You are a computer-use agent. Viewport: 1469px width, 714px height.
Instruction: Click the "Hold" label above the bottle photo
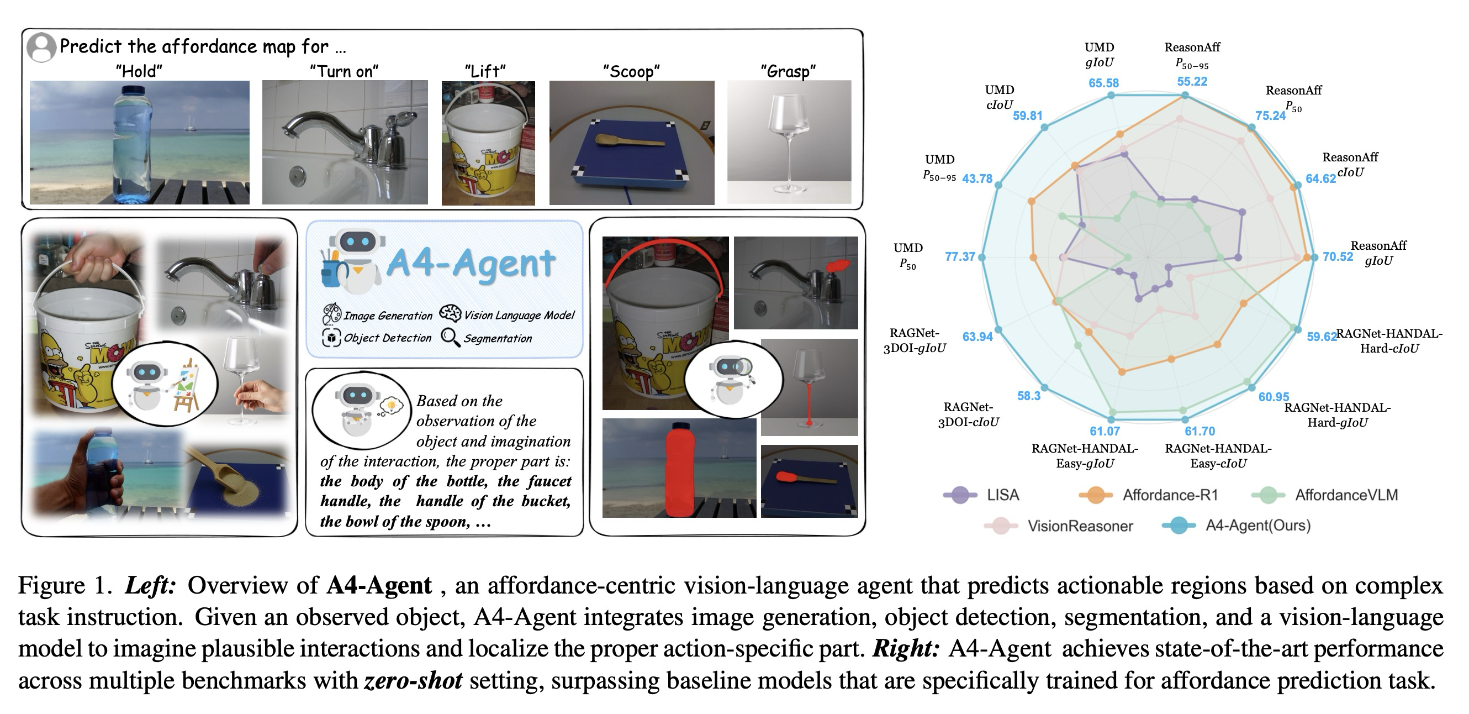click(139, 71)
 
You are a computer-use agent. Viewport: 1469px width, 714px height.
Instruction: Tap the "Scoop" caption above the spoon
click(631, 71)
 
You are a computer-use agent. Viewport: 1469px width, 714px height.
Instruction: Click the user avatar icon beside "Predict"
click(41, 48)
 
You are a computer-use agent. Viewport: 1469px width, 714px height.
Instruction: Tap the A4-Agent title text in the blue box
click(471, 264)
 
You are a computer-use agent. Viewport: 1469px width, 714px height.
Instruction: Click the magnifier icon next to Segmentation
click(450, 337)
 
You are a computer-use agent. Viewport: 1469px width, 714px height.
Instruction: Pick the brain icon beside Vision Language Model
click(450, 313)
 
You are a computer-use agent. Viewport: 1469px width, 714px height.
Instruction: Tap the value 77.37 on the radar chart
click(960, 257)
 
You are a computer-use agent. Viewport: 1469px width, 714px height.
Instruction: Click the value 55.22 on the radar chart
click(1192, 82)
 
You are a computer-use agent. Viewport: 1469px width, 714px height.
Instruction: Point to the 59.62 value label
click(1322, 337)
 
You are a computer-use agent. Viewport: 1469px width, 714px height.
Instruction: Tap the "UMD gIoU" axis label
click(1099, 55)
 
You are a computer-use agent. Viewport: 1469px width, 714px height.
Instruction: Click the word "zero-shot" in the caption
click(413, 681)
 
